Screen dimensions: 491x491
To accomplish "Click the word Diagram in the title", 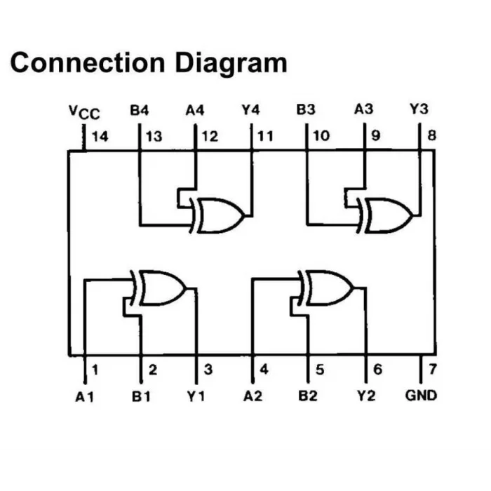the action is pos(231,64).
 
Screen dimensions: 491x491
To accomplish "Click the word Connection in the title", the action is pos(88,62).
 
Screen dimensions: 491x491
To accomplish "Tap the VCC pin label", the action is pos(84,112).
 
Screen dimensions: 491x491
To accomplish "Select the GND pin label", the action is pos(421,395).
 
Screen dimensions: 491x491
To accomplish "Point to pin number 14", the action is pos(100,137).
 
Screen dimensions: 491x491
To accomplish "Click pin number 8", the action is pos(432,135).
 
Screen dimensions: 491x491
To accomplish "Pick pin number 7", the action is pos(433,369).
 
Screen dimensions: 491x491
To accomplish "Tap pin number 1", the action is pos(95,370).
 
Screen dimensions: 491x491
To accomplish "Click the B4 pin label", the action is pos(140,110).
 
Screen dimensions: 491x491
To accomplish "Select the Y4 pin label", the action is pos(250,109).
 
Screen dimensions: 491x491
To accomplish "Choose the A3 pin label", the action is pos(363,109).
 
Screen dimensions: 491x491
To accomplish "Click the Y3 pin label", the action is pos(419,109).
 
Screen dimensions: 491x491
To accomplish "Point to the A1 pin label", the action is pos(85,397).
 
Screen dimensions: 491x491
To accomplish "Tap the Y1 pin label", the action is pos(196,396).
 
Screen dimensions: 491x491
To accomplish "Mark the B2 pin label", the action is pos(307,396).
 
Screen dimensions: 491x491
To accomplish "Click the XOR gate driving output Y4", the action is pos(217,215).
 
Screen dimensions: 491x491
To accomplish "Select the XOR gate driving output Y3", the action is pos(384,215).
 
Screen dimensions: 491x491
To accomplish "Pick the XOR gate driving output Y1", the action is pos(159,288).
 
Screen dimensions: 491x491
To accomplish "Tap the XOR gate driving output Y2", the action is pos(325,288).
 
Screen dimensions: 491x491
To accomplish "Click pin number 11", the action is pos(265,136).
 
